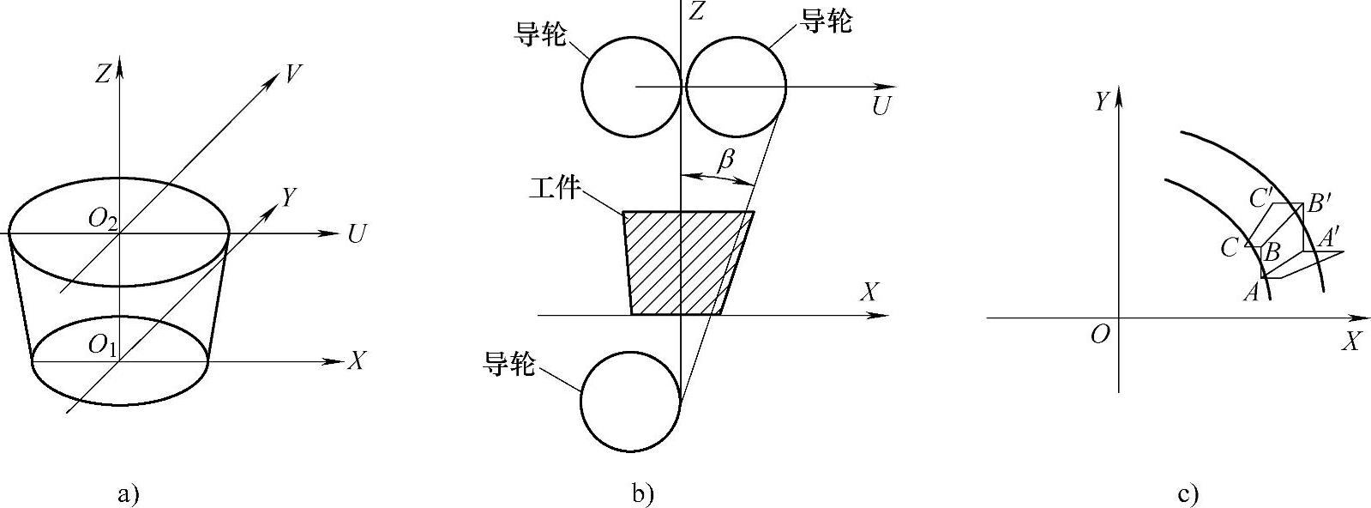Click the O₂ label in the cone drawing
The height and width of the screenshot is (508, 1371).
103,220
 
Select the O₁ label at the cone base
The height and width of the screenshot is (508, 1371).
103,347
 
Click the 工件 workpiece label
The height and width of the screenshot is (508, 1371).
555,188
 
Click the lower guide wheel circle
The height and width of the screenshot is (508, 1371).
631,402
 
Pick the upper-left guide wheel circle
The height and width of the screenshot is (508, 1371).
632,86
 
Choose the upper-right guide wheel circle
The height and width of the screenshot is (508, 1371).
735,86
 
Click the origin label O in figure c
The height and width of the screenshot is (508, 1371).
1100,335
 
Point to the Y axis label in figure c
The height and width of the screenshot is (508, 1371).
1103,102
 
